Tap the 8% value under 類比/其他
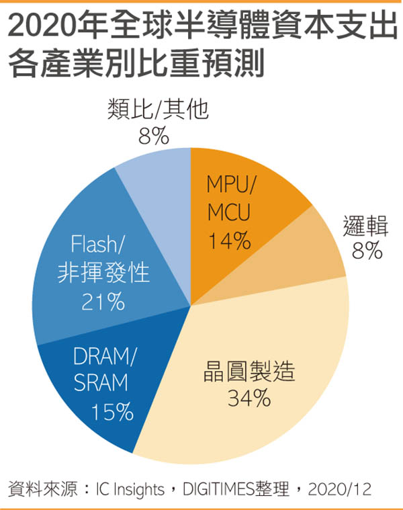(x=153, y=137)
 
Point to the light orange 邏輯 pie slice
(x=316, y=242)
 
